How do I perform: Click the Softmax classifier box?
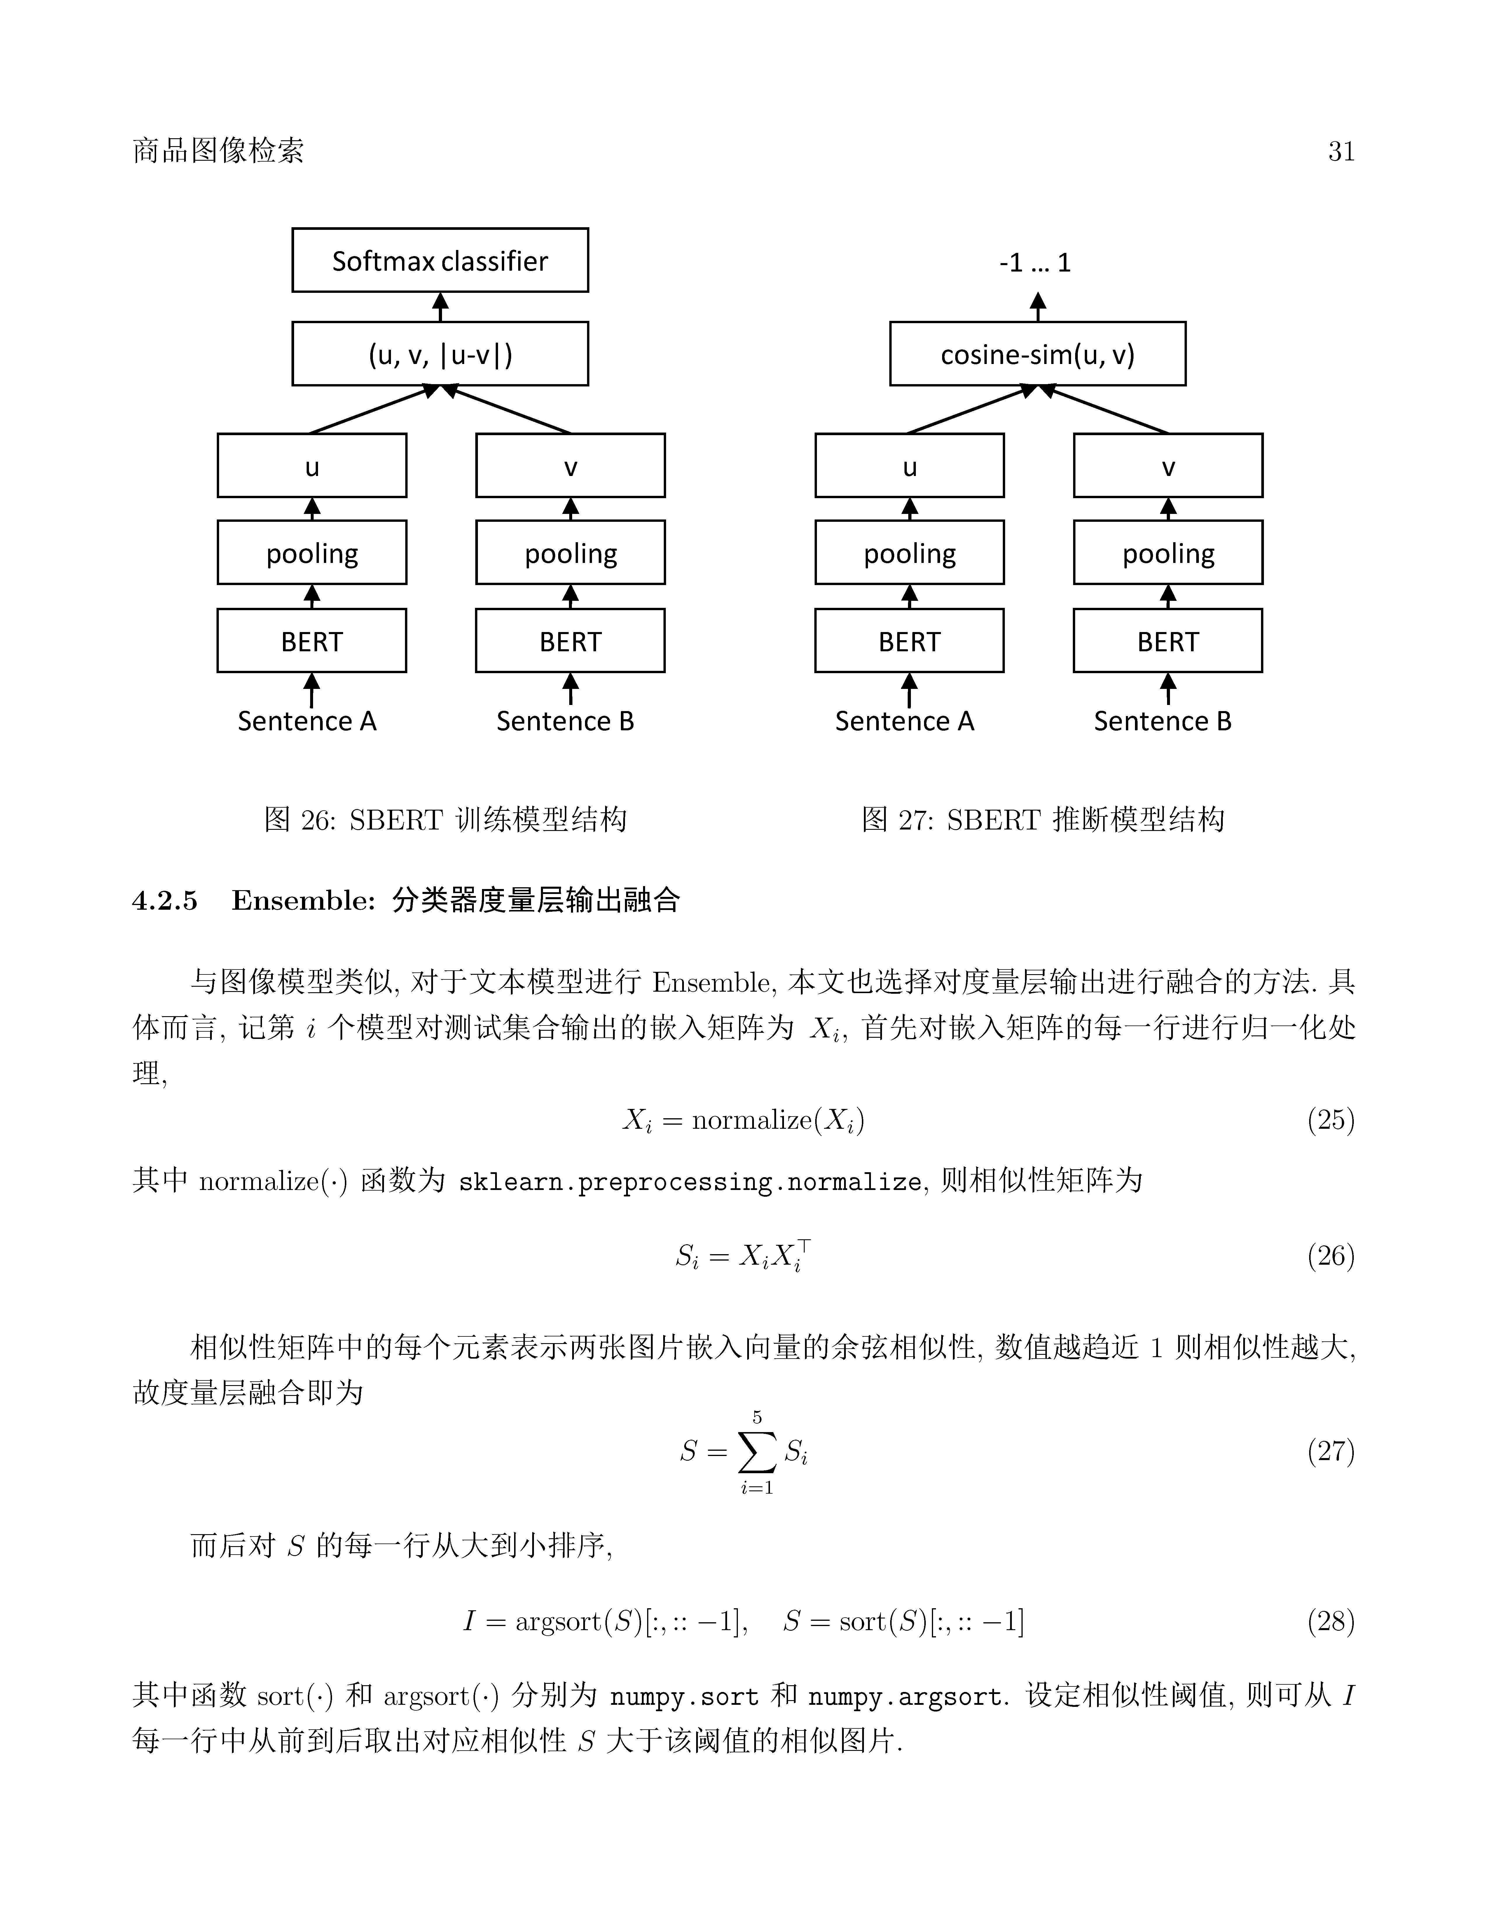[x=440, y=260]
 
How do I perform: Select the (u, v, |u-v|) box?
[x=440, y=353]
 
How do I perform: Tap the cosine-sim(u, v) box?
[x=1038, y=353]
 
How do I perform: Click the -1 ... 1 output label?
[x=1035, y=263]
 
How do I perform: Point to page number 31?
[x=1341, y=152]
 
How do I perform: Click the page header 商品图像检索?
[x=218, y=151]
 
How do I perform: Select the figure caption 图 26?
[x=445, y=820]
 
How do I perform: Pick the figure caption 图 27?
[x=1043, y=820]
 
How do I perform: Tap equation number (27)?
[x=1330, y=1451]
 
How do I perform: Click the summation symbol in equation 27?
[x=757, y=1452]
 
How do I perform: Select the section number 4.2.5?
[x=165, y=900]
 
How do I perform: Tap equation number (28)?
[x=1330, y=1620]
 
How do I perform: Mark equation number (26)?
[x=1330, y=1255]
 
